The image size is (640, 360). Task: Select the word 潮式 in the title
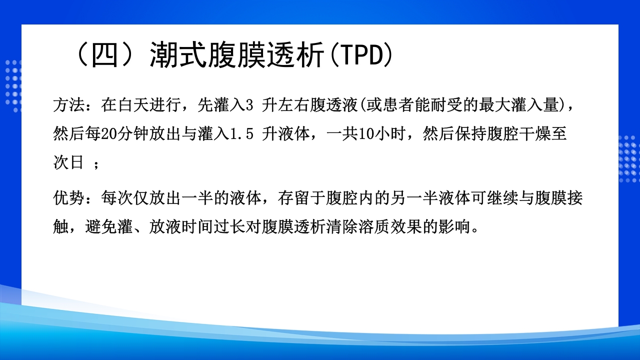click(179, 56)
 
